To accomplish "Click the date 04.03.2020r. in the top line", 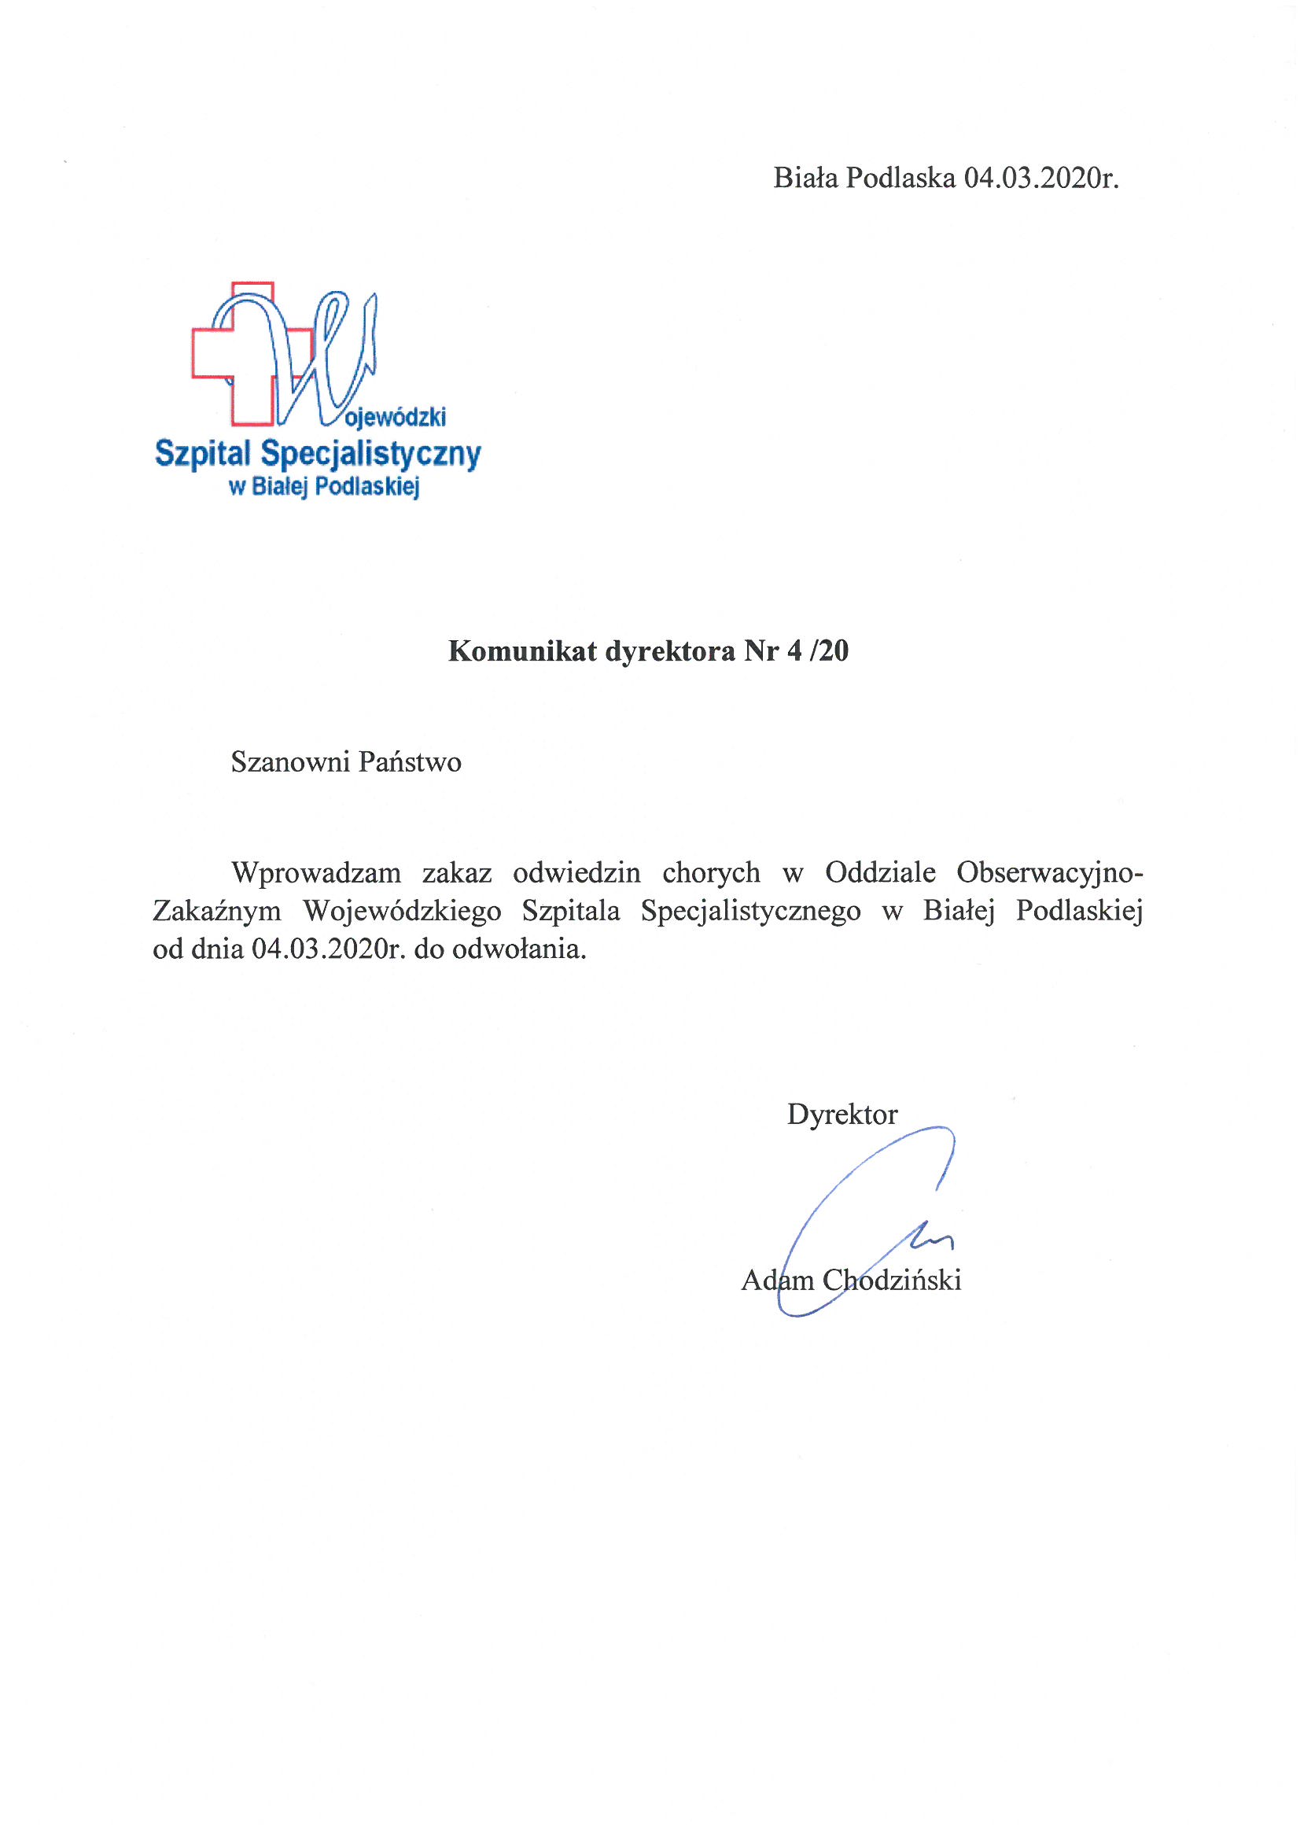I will pyautogui.click(x=1040, y=178).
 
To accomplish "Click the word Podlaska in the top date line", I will pyautogui.click(x=900, y=178).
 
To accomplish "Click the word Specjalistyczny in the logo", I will pyautogui.click(x=371, y=454).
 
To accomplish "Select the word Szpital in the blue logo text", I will pyautogui.click(x=203, y=454).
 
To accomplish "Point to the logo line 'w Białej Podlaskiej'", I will pyautogui.click(x=324, y=486).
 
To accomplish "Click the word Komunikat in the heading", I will pyautogui.click(x=522, y=651).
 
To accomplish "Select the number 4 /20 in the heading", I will pyautogui.click(x=818, y=651).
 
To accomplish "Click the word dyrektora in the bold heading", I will pyautogui.click(x=669, y=651).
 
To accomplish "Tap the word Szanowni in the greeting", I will pyautogui.click(x=290, y=761).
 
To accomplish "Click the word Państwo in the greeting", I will pyautogui.click(x=409, y=761).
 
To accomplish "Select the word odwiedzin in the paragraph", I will pyautogui.click(x=576, y=872).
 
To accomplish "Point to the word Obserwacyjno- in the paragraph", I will pyautogui.click(x=1049, y=872).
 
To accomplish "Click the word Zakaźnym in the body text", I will pyautogui.click(x=217, y=912).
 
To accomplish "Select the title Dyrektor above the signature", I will pyautogui.click(x=842, y=1114).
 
